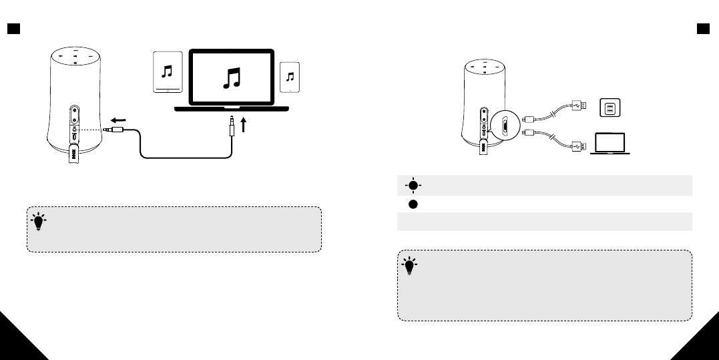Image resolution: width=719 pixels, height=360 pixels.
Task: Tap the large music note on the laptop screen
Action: pos(230,77)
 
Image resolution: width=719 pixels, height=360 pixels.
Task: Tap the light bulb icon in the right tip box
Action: pos(409,266)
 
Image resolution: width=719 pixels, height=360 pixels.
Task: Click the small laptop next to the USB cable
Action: pos(609,143)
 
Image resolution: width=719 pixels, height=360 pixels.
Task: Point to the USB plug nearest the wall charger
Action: pos(577,105)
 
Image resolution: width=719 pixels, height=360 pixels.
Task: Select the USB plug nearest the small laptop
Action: pos(577,145)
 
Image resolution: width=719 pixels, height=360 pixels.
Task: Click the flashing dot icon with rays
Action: pos(413,186)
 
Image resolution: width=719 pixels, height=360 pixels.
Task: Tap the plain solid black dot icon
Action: pos(413,204)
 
